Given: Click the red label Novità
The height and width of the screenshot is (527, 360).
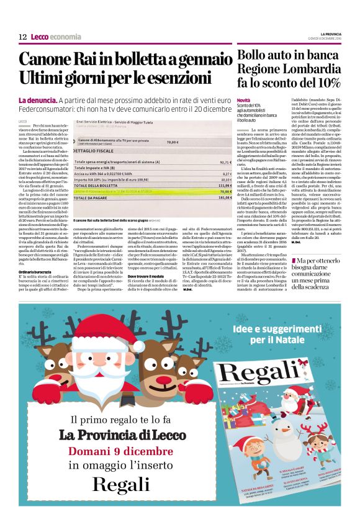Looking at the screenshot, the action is [243, 101].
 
